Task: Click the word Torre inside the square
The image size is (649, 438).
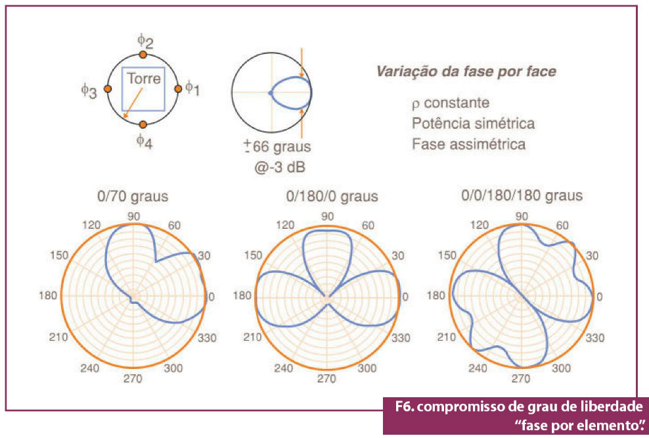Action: pos(143,78)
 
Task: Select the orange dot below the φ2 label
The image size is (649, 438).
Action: pos(143,55)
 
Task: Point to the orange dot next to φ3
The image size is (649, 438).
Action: pos(108,89)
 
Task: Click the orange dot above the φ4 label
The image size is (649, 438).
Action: pos(143,124)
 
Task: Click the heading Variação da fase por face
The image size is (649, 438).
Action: pos(465,72)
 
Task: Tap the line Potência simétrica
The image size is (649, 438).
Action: pos(473,124)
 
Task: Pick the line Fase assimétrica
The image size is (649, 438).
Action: pos(468,144)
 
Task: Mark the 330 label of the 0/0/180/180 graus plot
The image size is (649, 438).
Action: pos(595,338)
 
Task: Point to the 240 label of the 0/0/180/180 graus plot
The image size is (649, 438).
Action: pos(478,368)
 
